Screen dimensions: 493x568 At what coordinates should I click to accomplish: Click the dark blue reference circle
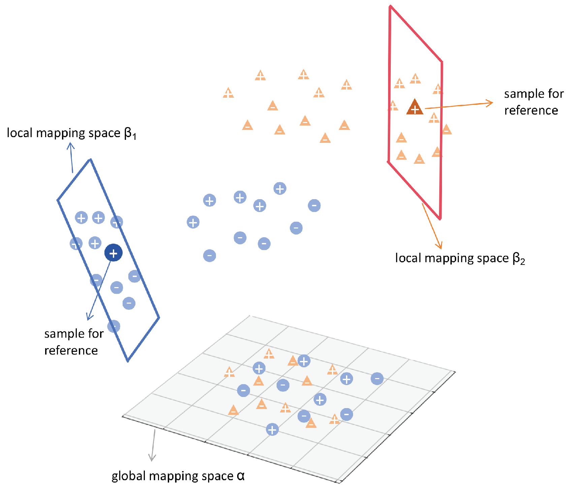113,253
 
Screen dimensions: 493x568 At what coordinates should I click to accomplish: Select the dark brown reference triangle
415,107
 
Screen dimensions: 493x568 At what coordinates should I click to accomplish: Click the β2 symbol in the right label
519,259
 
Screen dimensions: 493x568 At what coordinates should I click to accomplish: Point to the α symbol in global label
241,475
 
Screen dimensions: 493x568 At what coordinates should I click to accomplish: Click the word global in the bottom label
129,476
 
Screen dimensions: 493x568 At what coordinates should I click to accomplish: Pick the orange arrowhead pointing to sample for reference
490,103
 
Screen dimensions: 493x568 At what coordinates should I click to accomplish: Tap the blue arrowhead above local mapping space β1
70,146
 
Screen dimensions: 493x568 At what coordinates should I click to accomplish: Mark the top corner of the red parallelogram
390,6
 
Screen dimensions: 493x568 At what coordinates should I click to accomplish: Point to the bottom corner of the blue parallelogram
128,361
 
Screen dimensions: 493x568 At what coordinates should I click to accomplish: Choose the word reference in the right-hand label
531,111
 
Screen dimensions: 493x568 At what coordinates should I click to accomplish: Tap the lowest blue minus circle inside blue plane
114,326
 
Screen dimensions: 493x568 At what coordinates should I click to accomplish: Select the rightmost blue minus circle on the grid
377,378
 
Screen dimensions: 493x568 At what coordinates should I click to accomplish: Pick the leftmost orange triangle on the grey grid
229,372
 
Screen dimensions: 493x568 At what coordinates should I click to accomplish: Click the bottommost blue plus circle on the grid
272,430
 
